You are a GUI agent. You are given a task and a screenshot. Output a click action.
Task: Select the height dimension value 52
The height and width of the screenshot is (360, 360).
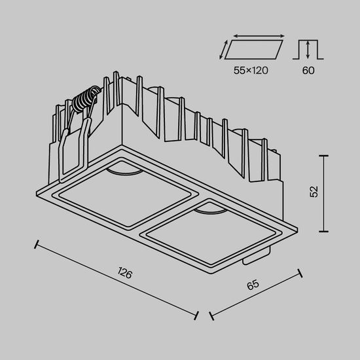point(314,192)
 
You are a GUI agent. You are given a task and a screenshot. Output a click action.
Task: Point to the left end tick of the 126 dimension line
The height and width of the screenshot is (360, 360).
point(37,244)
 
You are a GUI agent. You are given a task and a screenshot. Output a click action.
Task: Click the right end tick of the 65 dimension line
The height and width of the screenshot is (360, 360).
point(300,272)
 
